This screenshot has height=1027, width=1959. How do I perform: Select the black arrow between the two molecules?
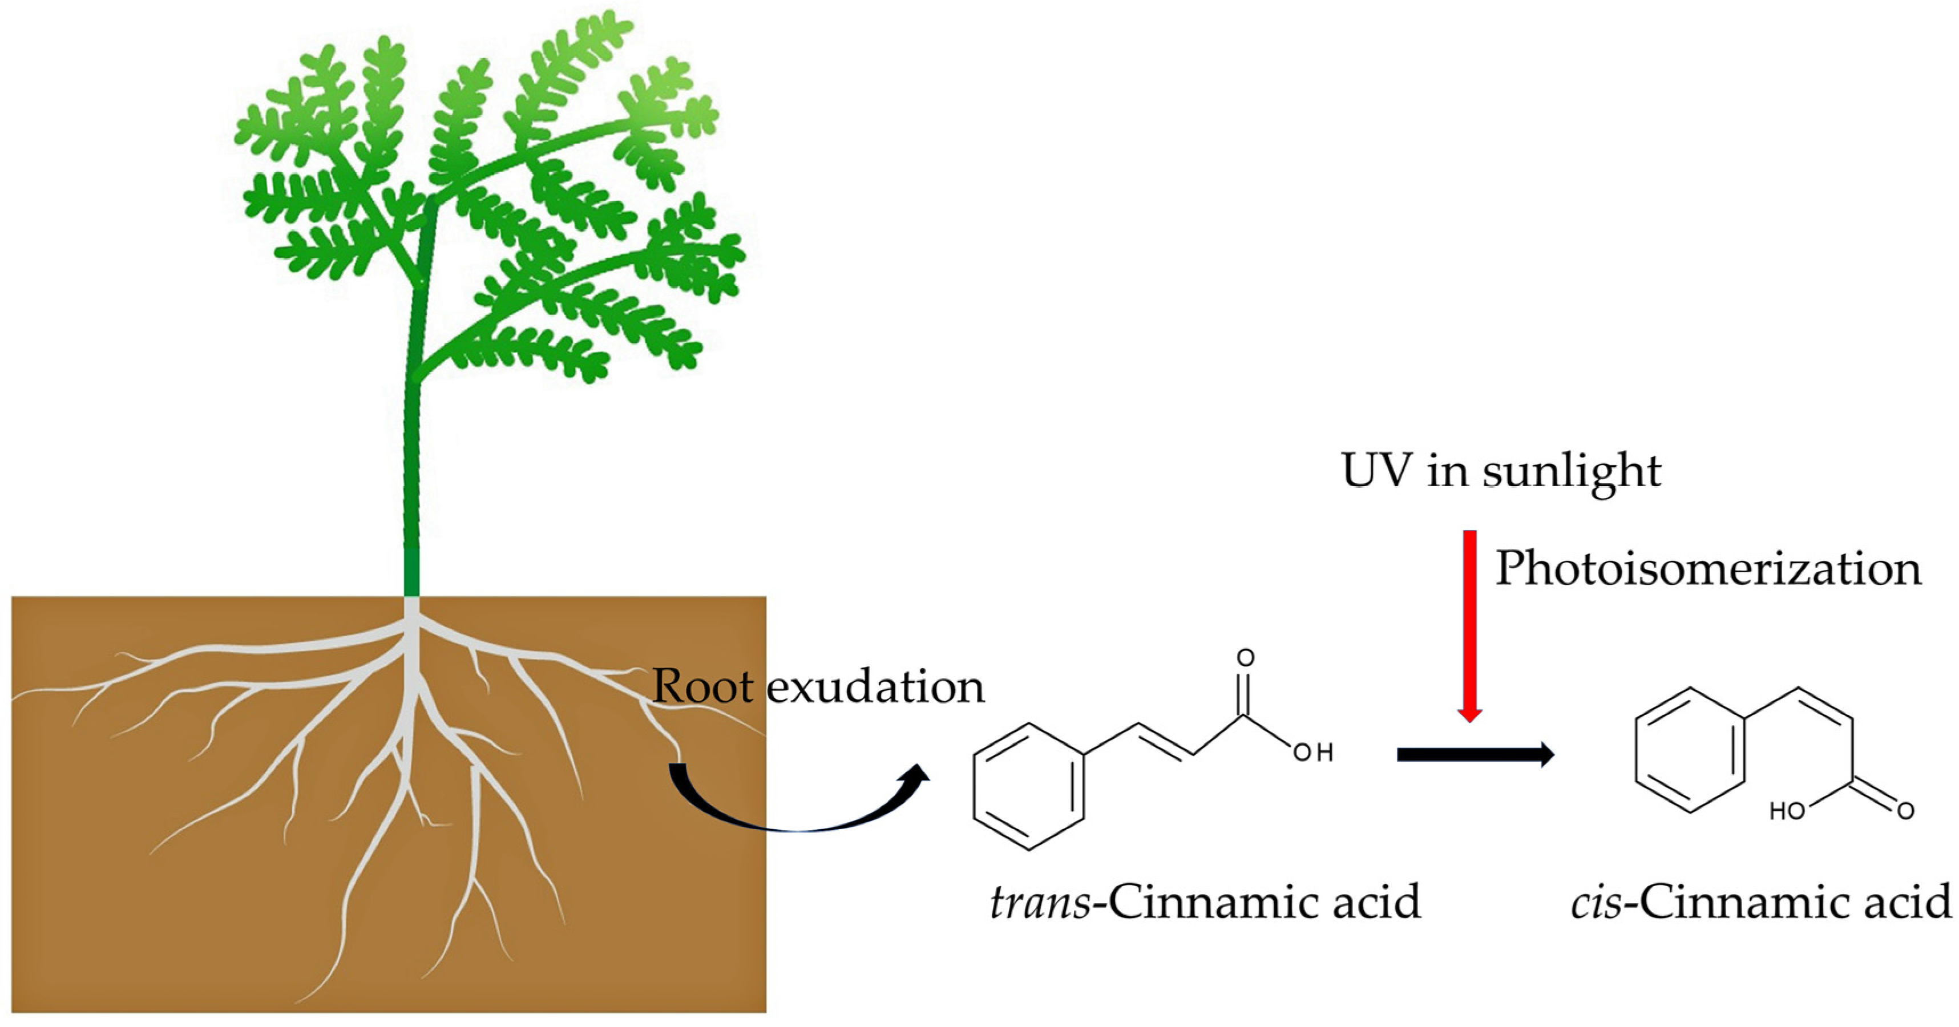point(1475,754)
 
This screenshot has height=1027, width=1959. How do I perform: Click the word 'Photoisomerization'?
point(1708,569)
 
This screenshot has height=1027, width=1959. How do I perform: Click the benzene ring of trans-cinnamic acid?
point(1029,786)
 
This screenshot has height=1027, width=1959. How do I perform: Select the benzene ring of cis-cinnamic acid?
point(1690,750)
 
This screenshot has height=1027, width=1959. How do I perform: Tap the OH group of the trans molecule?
point(1314,753)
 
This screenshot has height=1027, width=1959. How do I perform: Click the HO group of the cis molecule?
point(1787,812)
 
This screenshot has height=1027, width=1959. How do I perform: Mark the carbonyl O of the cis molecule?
point(1905,811)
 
